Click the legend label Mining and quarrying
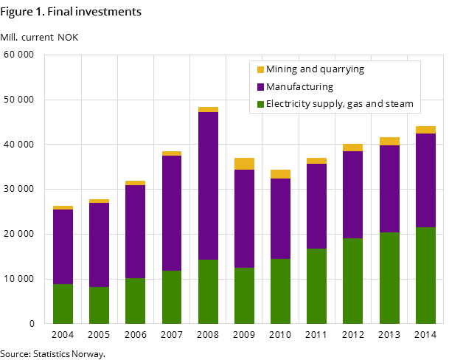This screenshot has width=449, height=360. pos(315,69)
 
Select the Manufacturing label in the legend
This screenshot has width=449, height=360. pos(299,87)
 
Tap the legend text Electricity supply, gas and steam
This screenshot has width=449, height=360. pos(339,104)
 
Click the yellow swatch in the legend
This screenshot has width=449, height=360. pos(260,69)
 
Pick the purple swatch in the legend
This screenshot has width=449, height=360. pos(260,87)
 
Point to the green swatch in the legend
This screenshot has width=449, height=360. pos(260,104)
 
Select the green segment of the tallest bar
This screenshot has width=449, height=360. pos(208,291)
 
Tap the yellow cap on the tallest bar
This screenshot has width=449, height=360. pos(208,109)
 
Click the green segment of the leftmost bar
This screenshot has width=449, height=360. pos(63,303)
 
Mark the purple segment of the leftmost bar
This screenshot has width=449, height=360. pos(63,246)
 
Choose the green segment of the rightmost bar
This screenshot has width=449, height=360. pos(425,275)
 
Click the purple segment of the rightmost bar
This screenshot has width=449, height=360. pos(425,180)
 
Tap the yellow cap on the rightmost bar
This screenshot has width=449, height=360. pos(425,130)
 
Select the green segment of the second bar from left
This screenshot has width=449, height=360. pos(99,305)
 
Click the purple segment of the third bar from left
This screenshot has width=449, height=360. pos(135,232)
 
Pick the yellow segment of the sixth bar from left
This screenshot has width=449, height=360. pos(244,164)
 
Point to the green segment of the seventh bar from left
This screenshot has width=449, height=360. pos(280,291)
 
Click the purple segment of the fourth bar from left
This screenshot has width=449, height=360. pos(172,213)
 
